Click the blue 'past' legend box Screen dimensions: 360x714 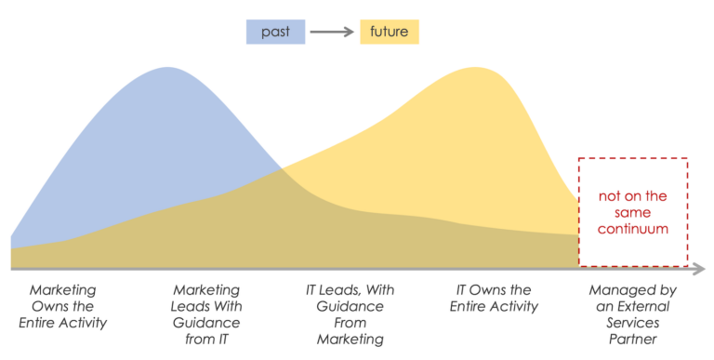click(274, 33)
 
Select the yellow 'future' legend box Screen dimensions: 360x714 click(390, 33)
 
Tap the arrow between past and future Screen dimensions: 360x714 click(332, 33)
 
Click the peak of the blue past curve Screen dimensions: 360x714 click(168, 70)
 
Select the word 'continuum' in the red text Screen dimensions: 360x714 click(633, 228)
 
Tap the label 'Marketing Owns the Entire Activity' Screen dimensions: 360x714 click(62, 306)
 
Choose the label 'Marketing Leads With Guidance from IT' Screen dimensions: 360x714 click(206, 314)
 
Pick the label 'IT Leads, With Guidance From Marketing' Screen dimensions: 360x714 click(350, 314)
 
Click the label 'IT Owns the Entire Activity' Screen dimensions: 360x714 click(494, 298)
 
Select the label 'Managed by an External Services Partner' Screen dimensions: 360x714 click(636, 314)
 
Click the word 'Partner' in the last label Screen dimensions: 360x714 click(636, 340)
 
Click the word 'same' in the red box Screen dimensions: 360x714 click(633, 212)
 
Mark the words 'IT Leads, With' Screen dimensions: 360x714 click(350, 290)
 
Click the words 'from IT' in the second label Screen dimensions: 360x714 click(206, 340)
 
